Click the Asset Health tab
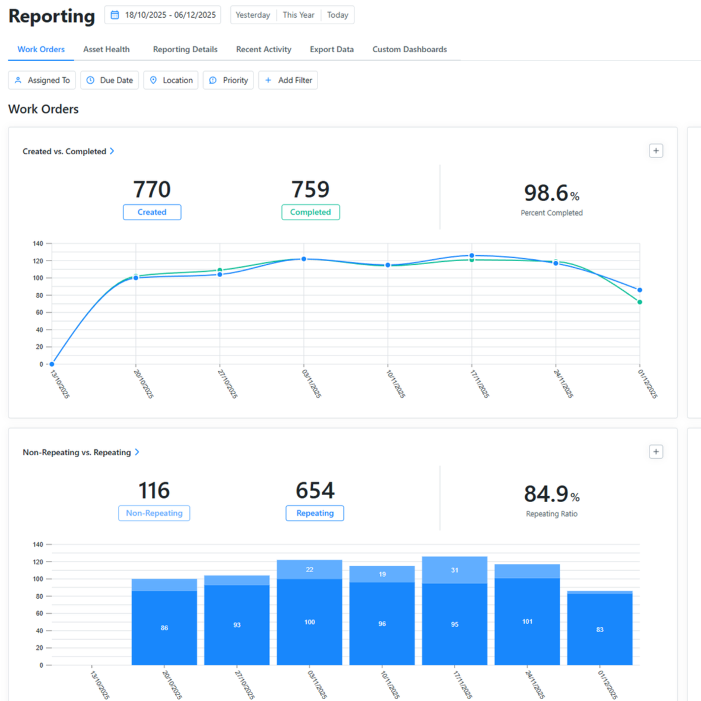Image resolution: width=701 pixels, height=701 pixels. (106, 49)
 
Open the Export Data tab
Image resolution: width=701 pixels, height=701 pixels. (331, 49)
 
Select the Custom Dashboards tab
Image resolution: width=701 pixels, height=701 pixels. (410, 49)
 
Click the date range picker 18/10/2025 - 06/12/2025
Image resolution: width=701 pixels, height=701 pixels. (163, 15)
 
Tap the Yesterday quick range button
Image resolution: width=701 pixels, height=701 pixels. (253, 15)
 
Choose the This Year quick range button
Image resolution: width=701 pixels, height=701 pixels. (299, 15)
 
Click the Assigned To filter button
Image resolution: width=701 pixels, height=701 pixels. (42, 80)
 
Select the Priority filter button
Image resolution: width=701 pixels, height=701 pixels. (229, 80)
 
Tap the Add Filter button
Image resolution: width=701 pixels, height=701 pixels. (288, 80)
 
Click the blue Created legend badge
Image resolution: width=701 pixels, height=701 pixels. (152, 212)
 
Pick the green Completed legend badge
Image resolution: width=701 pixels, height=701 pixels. (310, 212)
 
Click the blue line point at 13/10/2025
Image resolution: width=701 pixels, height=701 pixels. (52, 364)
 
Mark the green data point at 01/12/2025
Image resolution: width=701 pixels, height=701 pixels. (640, 302)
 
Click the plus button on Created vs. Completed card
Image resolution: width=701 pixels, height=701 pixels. (656, 151)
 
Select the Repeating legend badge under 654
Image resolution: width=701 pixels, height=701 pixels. (315, 513)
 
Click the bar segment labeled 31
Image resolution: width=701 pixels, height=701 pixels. (455, 570)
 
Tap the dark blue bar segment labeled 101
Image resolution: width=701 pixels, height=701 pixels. (527, 621)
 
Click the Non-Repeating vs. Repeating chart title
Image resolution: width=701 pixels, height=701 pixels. (77, 452)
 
